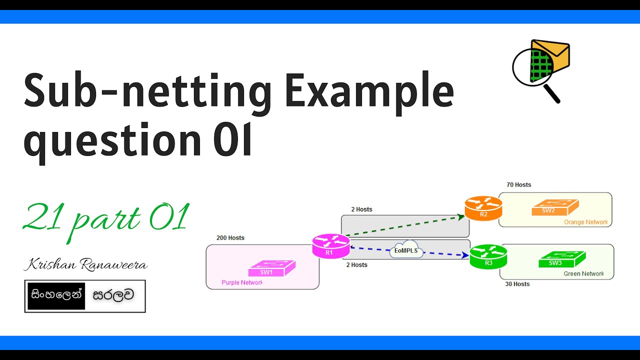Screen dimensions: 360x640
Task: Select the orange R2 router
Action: [x=483, y=208]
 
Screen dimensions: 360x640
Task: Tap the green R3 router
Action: [x=488, y=256]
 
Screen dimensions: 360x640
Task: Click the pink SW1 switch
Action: [x=267, y=268]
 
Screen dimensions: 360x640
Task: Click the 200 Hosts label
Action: [x=230, y=238]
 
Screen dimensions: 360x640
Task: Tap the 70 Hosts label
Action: [x=519, y=185]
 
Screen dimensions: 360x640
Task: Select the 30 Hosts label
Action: [x=517, y=284]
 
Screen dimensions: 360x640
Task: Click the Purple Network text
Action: [x=242, y=282]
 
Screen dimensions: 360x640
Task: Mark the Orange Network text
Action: [x=585, y=222]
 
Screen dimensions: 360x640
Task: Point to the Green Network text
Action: [x=583, y=273]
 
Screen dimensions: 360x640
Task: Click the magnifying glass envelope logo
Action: [x=540, y=70]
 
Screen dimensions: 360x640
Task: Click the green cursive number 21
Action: [x=44, y=218]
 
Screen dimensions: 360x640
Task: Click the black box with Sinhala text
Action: [x=56, y=295]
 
